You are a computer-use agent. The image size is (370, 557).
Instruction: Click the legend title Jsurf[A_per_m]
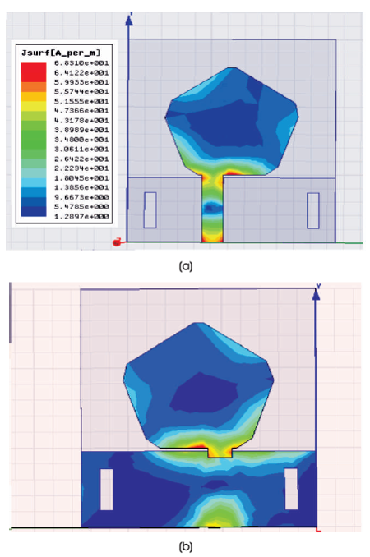[x=61, y=53]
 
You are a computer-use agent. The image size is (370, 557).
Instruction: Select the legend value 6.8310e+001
[x=81, y=63]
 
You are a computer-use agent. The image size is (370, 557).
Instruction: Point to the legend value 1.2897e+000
[x=81, y=216]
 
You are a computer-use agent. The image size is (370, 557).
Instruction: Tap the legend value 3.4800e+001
[x=81, y=140]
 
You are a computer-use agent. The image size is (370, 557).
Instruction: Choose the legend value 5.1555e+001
[x=81, y=101]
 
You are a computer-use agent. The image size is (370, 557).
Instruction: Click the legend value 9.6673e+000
[x=81, y=197]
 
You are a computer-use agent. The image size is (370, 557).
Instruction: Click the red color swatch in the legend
[x=34, y=72]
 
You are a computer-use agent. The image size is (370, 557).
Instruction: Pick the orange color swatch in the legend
[x=34, y=87]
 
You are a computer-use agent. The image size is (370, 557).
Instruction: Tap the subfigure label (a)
[x=186, y=266]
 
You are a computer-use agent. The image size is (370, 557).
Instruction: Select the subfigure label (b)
[x=186, y=546]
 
